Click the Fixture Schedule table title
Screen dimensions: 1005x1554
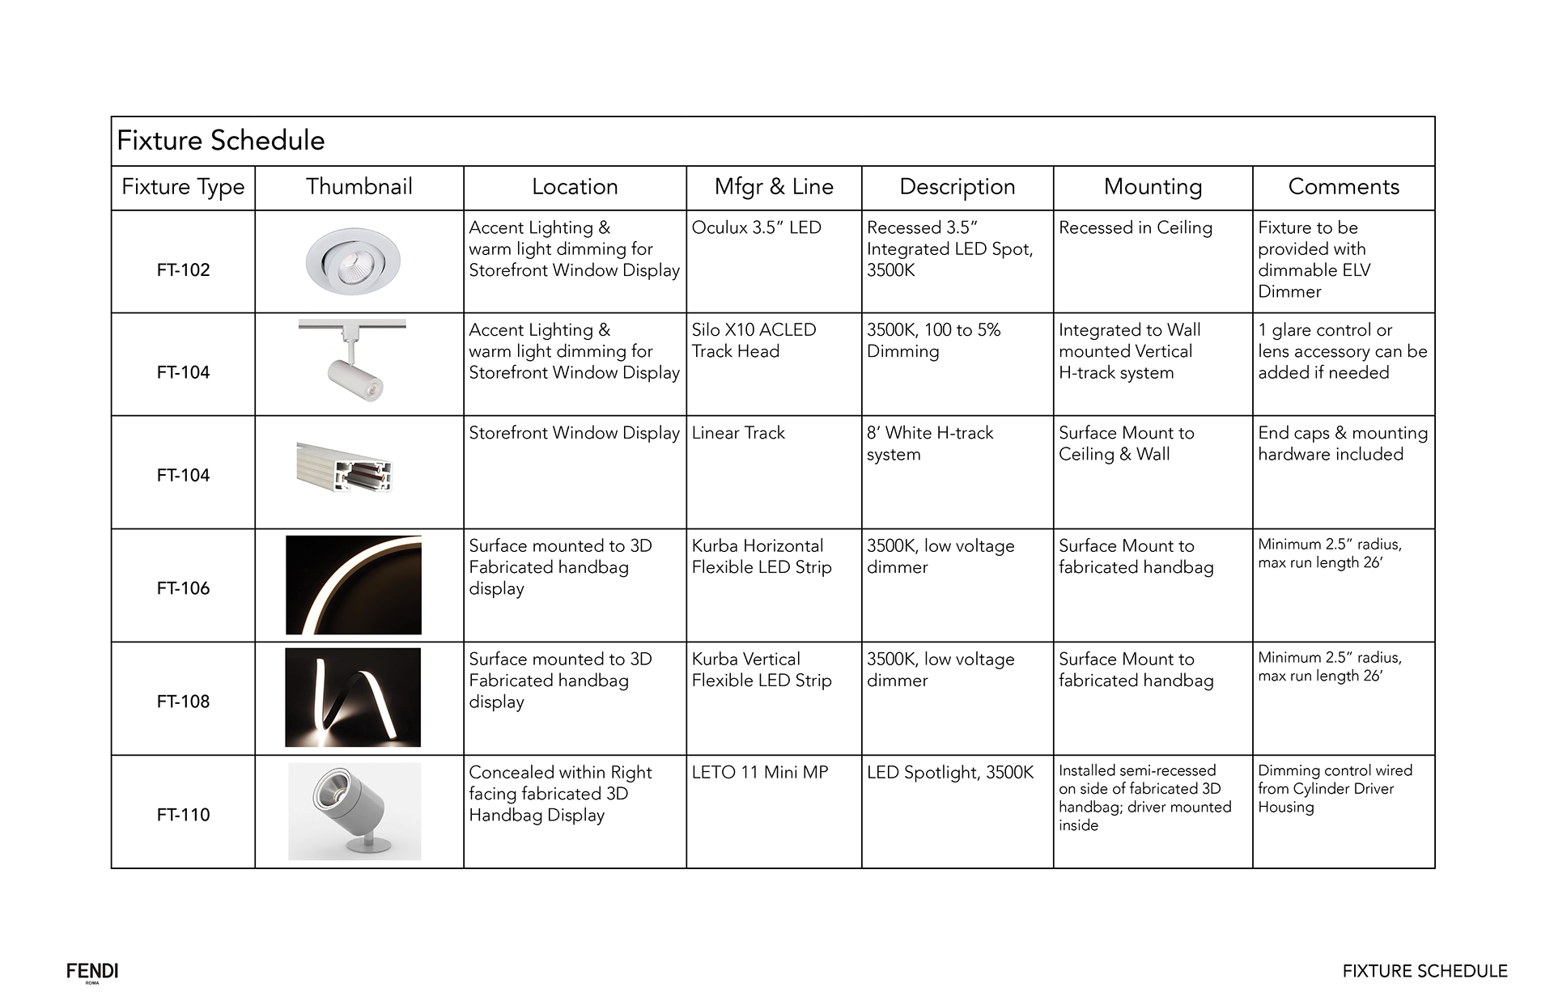click(221, 141)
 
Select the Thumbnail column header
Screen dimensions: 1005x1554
click(359, 187)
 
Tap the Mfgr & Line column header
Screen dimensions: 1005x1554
click(774, 187)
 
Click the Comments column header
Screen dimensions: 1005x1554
click(1344, 187)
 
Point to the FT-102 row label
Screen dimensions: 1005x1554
click(184, 270)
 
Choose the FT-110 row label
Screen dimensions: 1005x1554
click(184, 815)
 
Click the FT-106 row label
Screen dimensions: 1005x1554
click(184, 588)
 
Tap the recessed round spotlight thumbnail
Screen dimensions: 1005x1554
click(353, 261)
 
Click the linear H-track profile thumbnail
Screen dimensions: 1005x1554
click(345, 468)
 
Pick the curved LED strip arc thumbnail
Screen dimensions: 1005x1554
click(354, 585)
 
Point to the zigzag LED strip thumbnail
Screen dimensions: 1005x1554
click(353, 698)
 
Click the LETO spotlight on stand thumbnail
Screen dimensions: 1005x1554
click(355, 811)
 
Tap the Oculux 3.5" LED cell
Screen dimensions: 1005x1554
click(757, 228)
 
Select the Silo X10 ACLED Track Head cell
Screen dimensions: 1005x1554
click(754, 341)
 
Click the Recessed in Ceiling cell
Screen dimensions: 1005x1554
click(1136, 228)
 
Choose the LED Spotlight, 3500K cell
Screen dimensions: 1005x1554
click(950, 773)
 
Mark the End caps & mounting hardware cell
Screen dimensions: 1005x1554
click(1343, 443)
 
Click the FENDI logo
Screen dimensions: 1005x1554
click(92, 972)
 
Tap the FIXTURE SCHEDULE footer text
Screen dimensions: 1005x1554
click(1424, 971)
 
